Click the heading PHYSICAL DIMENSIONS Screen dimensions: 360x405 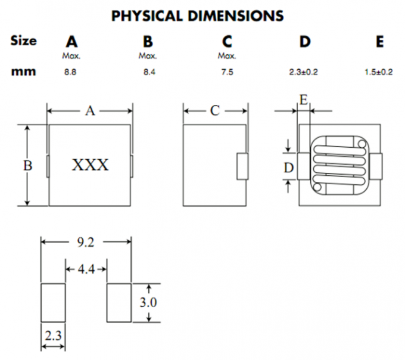coord(197,15)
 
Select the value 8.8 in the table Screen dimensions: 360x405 coord(71,72)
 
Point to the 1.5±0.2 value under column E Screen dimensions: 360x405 coord(379,72)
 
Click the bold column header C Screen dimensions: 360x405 coord(226,42)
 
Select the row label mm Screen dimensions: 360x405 coord(24,72)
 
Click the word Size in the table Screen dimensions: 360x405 coord(24,41)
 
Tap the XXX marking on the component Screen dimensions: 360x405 coord(91,165)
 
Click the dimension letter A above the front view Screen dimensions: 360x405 coord(90,110)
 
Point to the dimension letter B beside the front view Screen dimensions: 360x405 coord(27,166)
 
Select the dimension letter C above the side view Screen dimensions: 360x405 coord(215,110)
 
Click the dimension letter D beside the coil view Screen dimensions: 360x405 coord(289,169)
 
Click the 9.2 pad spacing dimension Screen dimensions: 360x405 coord(86,241)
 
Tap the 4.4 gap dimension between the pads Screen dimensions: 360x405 coord(86,269)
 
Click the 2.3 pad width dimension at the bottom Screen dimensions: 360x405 coord(53,336)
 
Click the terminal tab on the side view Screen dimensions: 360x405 coord(242,166)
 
